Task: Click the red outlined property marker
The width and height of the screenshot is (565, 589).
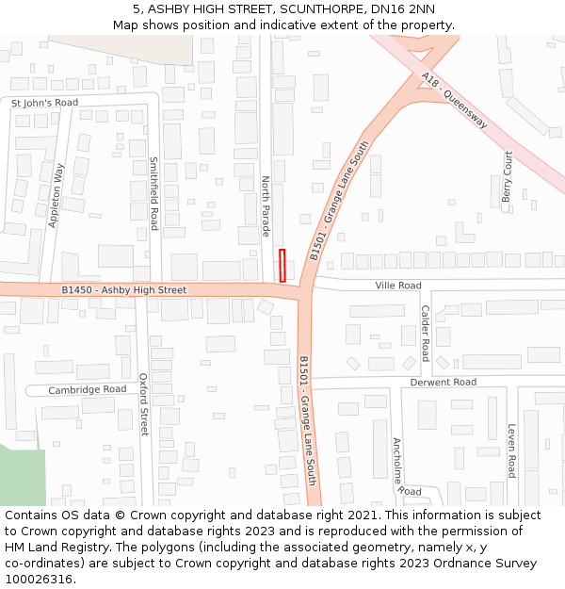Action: point(282,265)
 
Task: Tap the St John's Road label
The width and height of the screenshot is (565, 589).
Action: point(45,102)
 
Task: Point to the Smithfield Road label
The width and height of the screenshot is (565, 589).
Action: point(154,193)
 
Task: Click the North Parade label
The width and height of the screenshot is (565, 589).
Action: point(266,205)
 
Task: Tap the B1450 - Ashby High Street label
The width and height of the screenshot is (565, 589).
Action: point(124,290)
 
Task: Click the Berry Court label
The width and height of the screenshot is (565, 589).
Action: point(508,176)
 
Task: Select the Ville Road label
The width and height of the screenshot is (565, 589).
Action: point(398,285)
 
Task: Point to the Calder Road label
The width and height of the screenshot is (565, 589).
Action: point(426,333)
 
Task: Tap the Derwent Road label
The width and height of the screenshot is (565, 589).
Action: point(443,382)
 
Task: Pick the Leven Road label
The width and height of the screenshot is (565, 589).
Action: point(511,450)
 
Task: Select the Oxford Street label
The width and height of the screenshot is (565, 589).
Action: point(144,404)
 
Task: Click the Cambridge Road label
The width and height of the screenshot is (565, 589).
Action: point(88,389)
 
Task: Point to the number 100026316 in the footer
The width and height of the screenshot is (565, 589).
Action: point(37,579)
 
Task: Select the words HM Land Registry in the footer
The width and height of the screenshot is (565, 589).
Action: point(48,547)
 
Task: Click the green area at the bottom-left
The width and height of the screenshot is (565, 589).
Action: point(21,476)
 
